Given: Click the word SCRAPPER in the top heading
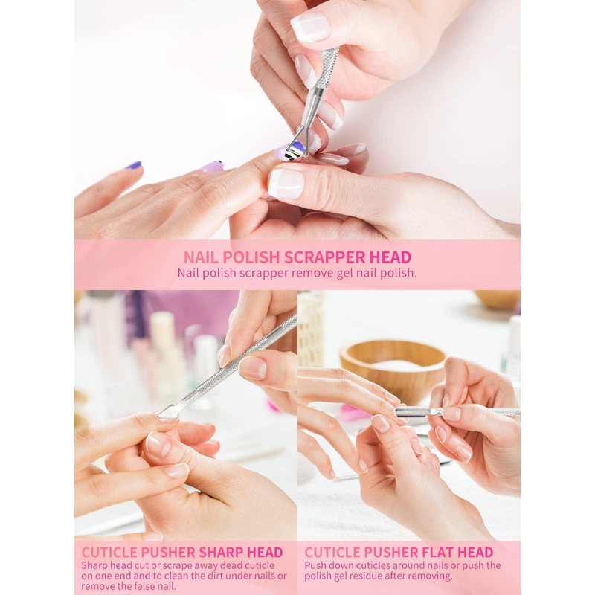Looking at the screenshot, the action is tap(324, 257).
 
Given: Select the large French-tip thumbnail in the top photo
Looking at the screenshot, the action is tap(286, 181).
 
